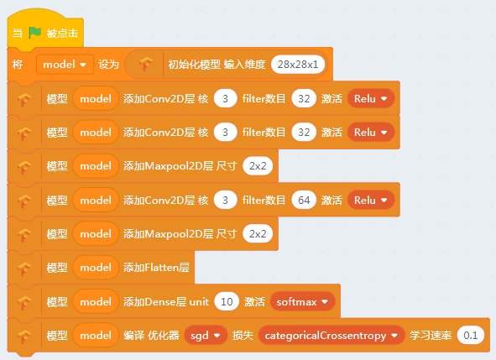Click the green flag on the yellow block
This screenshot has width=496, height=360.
tap(34, 32)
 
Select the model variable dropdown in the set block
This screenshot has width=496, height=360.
tap(65, 65)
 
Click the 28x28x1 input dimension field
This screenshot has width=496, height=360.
tap(298, 65)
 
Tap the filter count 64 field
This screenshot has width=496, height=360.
tap(304, 200)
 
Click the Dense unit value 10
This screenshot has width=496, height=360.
tap(227, 301)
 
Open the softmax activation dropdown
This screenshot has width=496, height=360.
tap(302, 301)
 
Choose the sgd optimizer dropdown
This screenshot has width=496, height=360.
tap(206, 336)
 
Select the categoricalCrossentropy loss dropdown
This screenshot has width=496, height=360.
tap(332, 336)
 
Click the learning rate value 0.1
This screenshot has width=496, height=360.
tap(470, 336)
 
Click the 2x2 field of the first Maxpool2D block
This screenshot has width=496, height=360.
tap(258, 166)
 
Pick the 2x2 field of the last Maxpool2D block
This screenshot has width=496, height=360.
tap(258, 234)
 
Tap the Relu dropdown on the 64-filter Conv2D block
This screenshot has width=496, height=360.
tap(371, 200)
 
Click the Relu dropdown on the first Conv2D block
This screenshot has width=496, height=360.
tap(371, 99)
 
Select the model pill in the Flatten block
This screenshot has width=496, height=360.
tap(96, 268)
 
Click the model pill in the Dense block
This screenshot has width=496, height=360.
tap(96, 301)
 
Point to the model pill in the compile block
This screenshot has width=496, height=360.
tap(96, 336)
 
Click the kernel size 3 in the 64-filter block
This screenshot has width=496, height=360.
tap(225, 200)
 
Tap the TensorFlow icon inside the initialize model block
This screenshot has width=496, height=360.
tap(145, 64)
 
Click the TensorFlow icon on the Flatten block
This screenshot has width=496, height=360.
tap(24, 269)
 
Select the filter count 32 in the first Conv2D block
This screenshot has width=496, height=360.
tap(304, 99)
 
